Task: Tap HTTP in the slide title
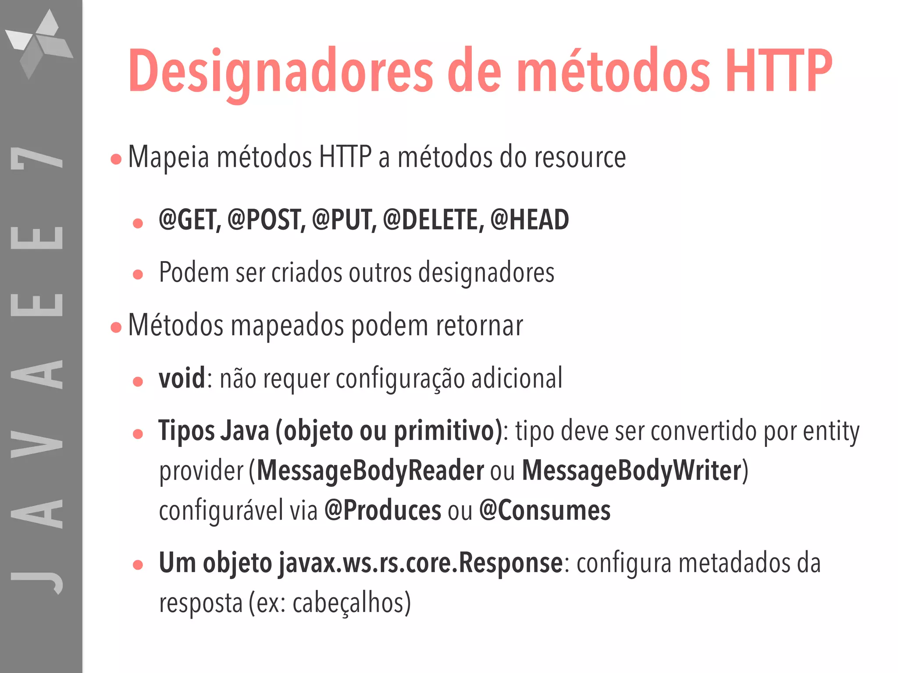click(x=778, y=71)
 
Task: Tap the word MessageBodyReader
click(x=370, y=471)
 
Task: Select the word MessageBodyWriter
click(x=631, y=471)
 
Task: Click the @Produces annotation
click(x=382, y=510)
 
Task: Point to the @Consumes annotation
click(x=545, y=510)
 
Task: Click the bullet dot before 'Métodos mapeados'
click(x=116, y=327)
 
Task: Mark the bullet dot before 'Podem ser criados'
click(x=138, y=274)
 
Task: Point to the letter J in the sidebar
click(x=37, y=581)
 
